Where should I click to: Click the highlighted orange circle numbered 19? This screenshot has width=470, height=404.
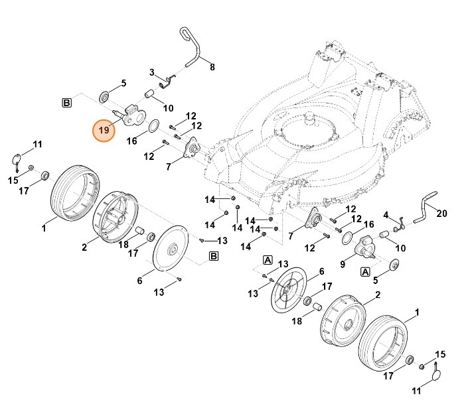coord(104,131)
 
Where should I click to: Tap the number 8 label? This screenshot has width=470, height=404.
coord(212,68)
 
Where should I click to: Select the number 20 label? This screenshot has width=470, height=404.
coord(443,213)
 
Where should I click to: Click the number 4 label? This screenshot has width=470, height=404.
coord(386,215)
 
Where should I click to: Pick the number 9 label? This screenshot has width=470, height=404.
coord(343,264)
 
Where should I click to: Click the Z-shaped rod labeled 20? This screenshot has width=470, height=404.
coord(423,206)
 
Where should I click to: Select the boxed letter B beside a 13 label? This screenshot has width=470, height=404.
coord(214,256)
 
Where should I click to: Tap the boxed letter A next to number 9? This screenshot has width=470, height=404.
coord(364,271)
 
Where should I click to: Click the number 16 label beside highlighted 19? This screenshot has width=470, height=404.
coord(131,141)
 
